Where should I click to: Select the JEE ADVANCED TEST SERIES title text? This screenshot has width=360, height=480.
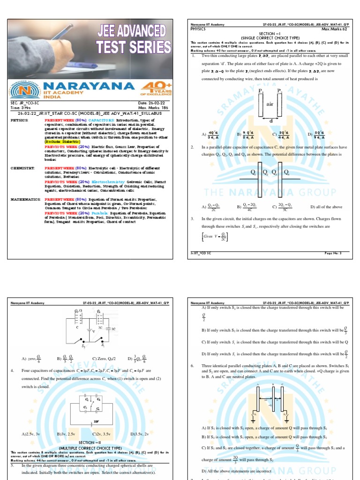pyautogui.click(x=134, y=40)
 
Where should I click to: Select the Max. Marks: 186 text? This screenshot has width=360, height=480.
pyautogui.click(x=155, y=108)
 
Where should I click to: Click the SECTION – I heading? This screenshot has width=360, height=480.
pyautogui.click(x=269, y=33)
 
